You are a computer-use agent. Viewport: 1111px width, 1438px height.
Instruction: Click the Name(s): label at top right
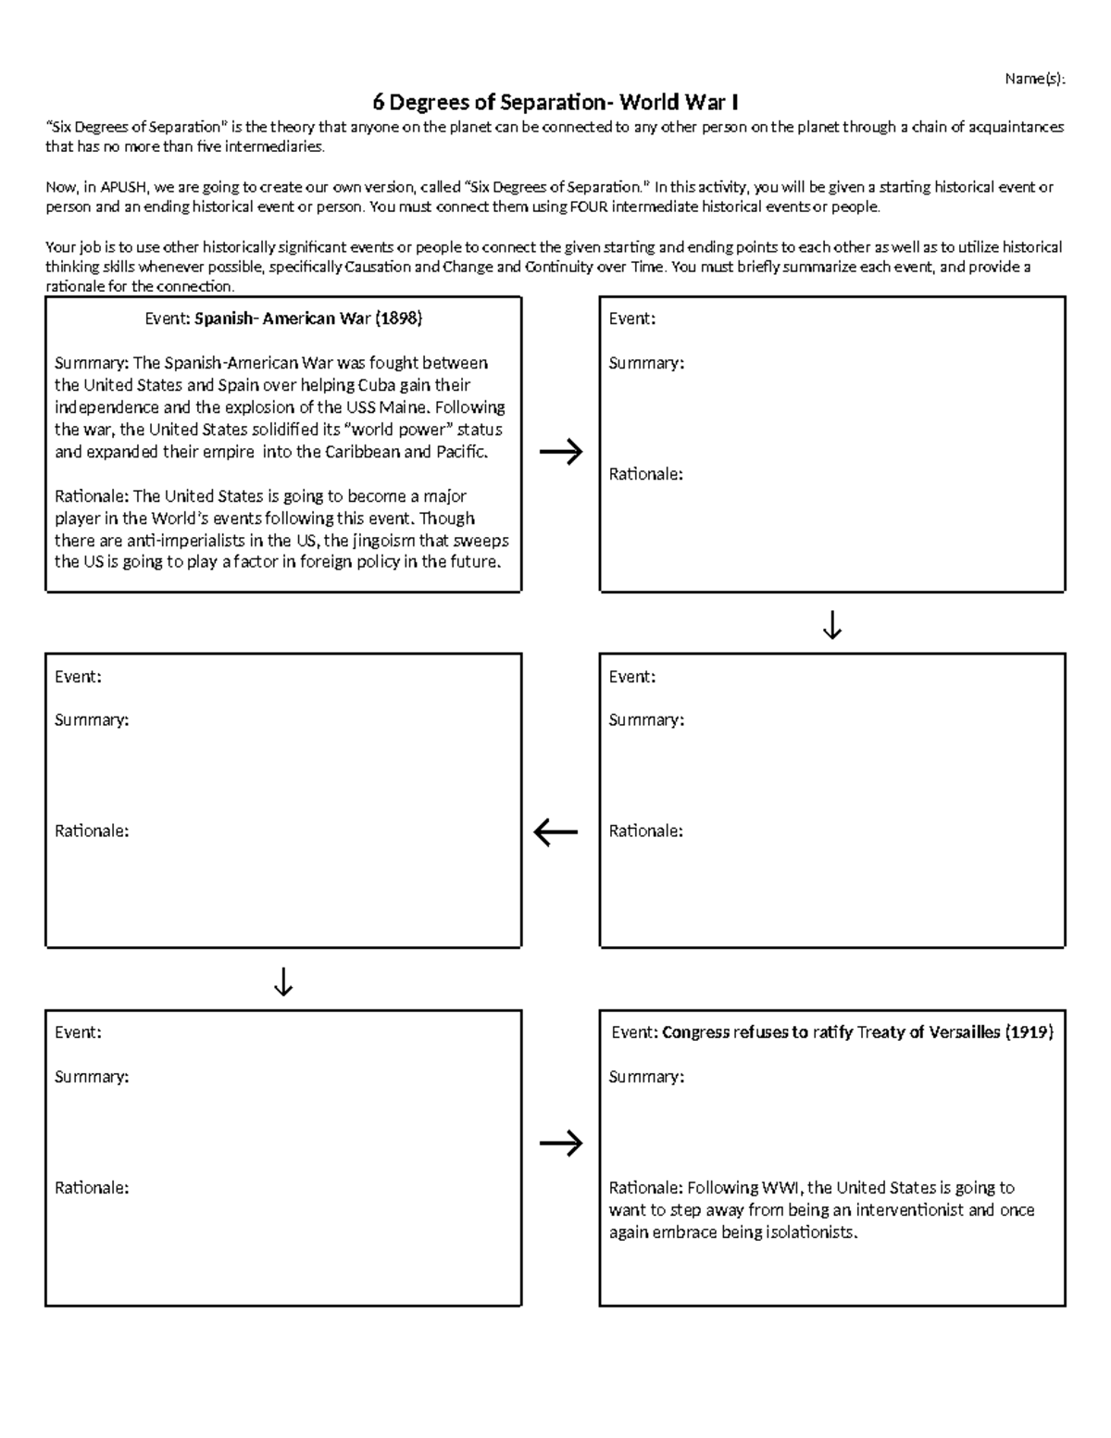click(1035, 79)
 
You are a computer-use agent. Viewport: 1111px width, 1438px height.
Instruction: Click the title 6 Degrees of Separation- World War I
click(555, 102)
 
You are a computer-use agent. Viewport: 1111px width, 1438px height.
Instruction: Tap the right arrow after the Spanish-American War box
click(561, 452)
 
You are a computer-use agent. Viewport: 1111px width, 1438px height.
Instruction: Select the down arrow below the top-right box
click(831, 625)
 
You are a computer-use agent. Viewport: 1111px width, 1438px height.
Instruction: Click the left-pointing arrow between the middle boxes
click(555, 832)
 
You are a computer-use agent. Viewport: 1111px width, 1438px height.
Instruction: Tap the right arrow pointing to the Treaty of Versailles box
click(561, 1144)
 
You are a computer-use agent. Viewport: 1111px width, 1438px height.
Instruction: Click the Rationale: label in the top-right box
click(645, 474)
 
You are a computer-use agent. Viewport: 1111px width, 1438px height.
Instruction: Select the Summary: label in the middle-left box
click(91, 719)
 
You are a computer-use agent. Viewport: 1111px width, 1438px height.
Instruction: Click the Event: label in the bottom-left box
click(78, 1032)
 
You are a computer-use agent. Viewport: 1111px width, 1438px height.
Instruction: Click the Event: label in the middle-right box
click(631, 677)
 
